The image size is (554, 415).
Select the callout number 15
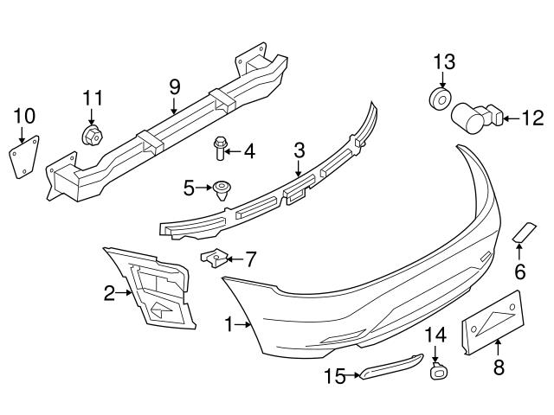[x=335, y=375]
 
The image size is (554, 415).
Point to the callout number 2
[x=110, y=294]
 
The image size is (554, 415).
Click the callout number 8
[x=498, y=367]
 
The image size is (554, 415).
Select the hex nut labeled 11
[x=92, y=136]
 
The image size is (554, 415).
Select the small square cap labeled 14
[x=437, y=373]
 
